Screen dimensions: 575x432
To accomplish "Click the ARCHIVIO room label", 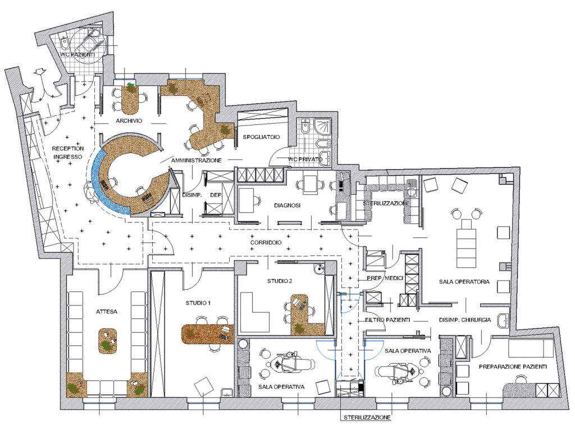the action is [x=129, y=121].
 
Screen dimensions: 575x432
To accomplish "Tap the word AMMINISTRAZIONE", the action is [x=197, y=160].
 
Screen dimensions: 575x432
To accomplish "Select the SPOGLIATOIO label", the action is [x=262, y=137].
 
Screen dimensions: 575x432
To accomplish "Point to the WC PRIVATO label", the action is [x=305, y=159].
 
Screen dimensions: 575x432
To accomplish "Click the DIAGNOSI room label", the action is [x=287, y=205].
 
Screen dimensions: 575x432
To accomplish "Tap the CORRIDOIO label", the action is [x=266, y=243].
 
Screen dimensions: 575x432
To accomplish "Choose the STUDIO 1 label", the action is [x=198, y=303].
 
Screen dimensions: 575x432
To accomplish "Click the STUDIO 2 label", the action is [x=280, y=281].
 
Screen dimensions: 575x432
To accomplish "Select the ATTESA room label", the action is [x=107, y=312].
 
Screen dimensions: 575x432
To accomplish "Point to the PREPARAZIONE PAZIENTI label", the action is [x=513, y=367].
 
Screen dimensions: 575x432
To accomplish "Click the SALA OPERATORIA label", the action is [x=464, y=282].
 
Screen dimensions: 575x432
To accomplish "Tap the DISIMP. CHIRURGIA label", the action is [x=465, y=320].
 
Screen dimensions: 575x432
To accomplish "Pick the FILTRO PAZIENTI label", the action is [x=387, y=320].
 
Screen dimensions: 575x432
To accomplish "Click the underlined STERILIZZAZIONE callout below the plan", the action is [x=367, y=418].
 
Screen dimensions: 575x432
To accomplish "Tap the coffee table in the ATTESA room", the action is [x=107, y=341].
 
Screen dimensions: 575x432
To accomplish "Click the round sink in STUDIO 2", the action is [x=320, y=269].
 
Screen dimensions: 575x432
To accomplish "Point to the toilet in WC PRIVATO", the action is [x=305, y=127].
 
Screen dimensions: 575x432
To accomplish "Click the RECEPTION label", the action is [x=68, y=148].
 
